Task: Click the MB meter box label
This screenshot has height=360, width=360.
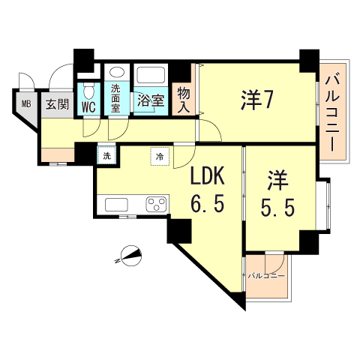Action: (x=25, y=104)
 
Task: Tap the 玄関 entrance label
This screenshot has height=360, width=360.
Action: (x=56, y=103)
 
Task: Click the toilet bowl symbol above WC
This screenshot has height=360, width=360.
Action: (x=89, y=91)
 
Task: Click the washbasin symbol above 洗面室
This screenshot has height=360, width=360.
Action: (x=116, y=73)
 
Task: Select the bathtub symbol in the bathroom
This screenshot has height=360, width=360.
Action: (x=150, y=76)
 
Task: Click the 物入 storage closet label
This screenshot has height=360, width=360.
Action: (x=182, y=98)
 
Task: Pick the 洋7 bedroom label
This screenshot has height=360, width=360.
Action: (x=256, y=99)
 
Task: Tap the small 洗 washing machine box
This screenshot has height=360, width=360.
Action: (x=106, y=156)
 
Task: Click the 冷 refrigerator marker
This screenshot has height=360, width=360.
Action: (x=160, y=156)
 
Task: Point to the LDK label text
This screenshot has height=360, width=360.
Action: (x=206, y=178)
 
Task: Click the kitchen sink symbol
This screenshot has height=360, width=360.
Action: (x=118, y=204)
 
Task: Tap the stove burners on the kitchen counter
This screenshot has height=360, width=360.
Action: (x=157, y=204)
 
